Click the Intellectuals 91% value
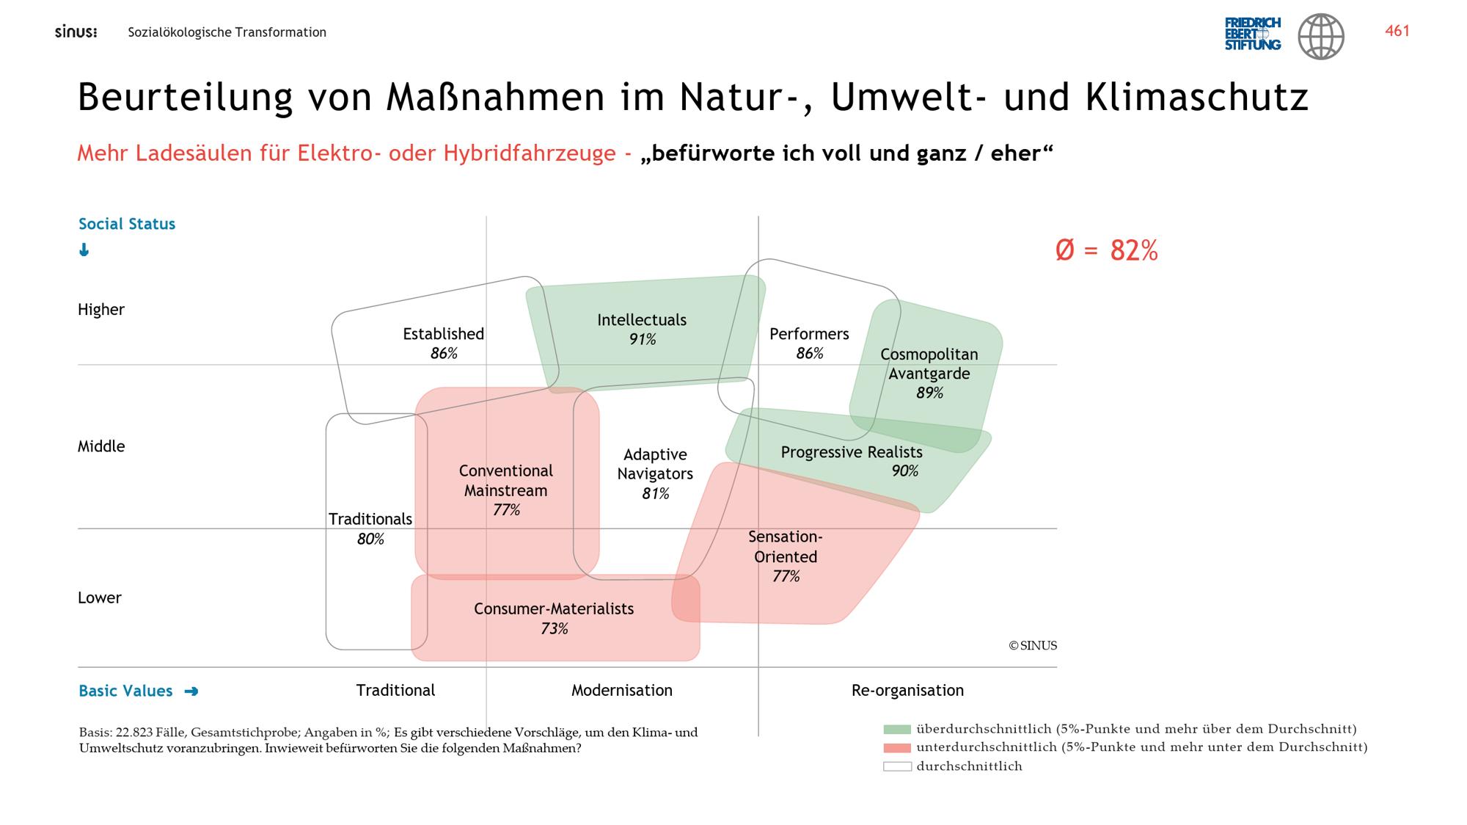click(x=643, y=340)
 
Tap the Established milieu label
click(x=443, y=334)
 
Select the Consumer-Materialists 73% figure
click(x=555, y=629)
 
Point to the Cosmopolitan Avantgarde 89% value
click(x=929, y=393)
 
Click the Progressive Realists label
click(x=852, y=452)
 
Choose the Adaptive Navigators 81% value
click(x=655, y=494)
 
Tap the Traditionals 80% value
click(x=370, y=539)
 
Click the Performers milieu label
click(x=809, y=334)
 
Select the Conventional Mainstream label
click(x=506, y=481)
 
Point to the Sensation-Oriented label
click(x=786, y=547)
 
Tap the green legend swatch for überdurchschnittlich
click(x=897, y=730)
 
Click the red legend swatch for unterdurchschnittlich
click(x=897, y=748)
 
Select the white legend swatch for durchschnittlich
click(x=897, y=766)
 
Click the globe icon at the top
click(x=1321, y=36)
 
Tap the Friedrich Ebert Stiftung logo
click(x=1253, y=34)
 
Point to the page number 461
click(x=1397, y=31)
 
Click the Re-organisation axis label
click(x=907, y=691)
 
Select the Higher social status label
click(x=101, y=310)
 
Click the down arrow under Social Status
click(x=84, y=250)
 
